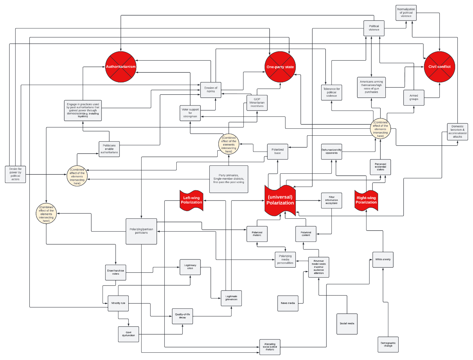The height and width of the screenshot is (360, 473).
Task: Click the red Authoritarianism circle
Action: [121, 67]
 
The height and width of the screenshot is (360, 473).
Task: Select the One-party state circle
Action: [280, 67]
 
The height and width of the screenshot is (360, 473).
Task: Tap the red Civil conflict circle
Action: [439, 67]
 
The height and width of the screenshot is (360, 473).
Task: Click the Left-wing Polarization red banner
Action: [191, 200]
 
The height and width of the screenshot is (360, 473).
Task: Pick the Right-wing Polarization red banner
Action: [366, 200]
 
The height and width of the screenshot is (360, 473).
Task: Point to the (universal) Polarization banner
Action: [280, 200]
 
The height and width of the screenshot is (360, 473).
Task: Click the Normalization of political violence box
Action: [406, 13]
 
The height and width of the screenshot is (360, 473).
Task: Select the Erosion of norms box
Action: [211, 90]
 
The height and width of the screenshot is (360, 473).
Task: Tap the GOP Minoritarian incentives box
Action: [257, 103]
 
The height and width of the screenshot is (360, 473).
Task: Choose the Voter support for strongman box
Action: [190, 113]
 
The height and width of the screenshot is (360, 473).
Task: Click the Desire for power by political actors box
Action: [16, 174]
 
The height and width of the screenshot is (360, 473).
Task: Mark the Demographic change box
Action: [388, 345]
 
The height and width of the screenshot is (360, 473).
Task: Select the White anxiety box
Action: [383, 259]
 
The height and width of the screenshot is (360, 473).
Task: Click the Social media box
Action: [347, 324]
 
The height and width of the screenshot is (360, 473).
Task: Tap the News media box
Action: [288, 303]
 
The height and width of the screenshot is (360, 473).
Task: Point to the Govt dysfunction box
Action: [128, 334]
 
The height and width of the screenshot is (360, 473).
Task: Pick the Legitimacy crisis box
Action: [190, 267]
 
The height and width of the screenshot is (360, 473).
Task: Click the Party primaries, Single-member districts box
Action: [229, 179]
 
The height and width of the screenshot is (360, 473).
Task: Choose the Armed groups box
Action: [413, 98]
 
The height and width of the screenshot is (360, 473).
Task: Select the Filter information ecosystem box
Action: [331, 200]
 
